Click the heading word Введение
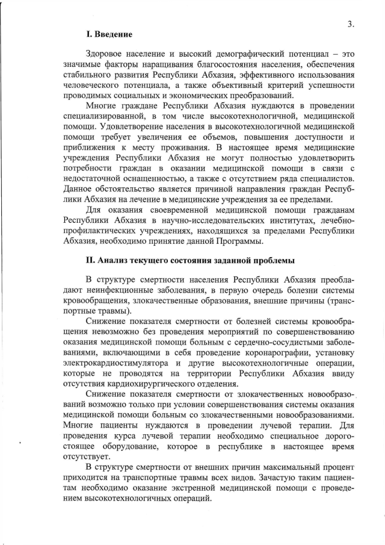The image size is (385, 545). (111, 36)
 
